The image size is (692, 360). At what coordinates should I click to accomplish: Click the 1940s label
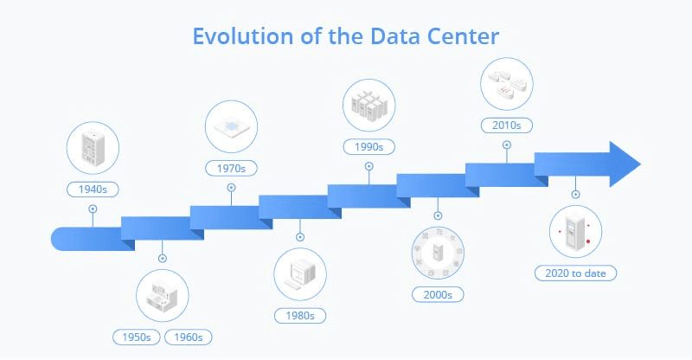click(x=93, y=188)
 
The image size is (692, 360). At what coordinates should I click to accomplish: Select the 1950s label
click(x=137, y=337)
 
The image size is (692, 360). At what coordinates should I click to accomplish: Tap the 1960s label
click(x=189, y=337)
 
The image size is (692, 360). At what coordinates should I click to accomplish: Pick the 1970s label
click(x=231, y=166)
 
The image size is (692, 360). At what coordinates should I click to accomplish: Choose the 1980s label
click(x=299, y=315)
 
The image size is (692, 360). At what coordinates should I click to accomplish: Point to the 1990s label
click(x=369, y=145)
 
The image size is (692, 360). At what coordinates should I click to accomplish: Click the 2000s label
click(x=438, y=295)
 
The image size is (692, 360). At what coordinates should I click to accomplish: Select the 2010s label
click(x=506, y=125)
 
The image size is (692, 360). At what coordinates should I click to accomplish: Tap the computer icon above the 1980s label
click(x=299, y=274)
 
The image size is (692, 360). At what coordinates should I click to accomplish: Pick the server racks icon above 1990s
click(x=369, y=104)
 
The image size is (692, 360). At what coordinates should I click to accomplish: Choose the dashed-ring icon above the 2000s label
click(x=438, y=254)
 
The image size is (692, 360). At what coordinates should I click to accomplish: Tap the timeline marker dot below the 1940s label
click(x=93, y=209)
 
